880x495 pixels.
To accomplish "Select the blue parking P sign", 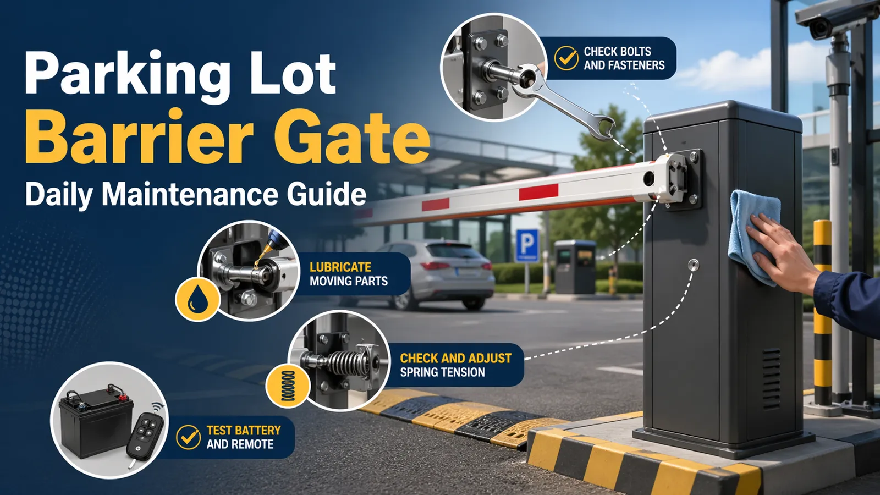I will [x=527, y=245].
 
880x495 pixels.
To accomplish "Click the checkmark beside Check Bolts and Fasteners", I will [x=566, y=58].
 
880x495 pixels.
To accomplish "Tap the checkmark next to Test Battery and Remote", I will [x=188, y=437].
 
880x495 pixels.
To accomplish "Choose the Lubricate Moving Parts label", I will [x=349, y=274].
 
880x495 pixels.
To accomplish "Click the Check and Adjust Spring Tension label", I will [x=455, y=365].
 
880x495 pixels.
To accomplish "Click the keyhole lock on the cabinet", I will [x=693, y=265].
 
